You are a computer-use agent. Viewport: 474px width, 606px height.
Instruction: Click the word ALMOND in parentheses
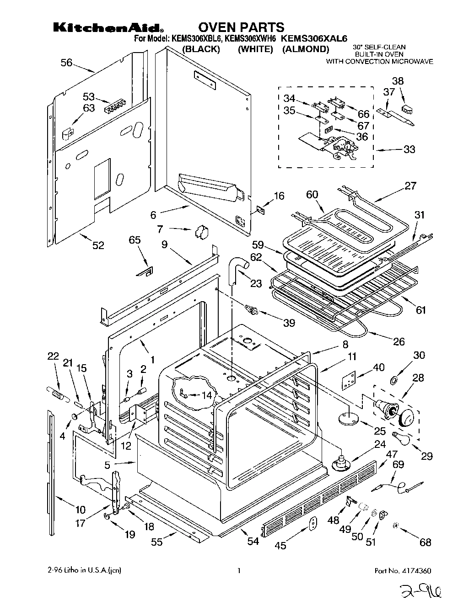pyautogui.click(x=305, y=49)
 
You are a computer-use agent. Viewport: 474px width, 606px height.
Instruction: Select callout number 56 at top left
pyautogui.click(x=67, y=63)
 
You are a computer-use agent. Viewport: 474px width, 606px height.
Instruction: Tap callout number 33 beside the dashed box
pyautogui.click(x=409, y=149)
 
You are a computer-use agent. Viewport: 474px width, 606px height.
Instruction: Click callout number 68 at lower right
pyautogui.click(x=425, y=542)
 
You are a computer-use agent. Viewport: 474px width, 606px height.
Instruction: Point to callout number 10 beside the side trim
pyautogui.click(x=80, y=510)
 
